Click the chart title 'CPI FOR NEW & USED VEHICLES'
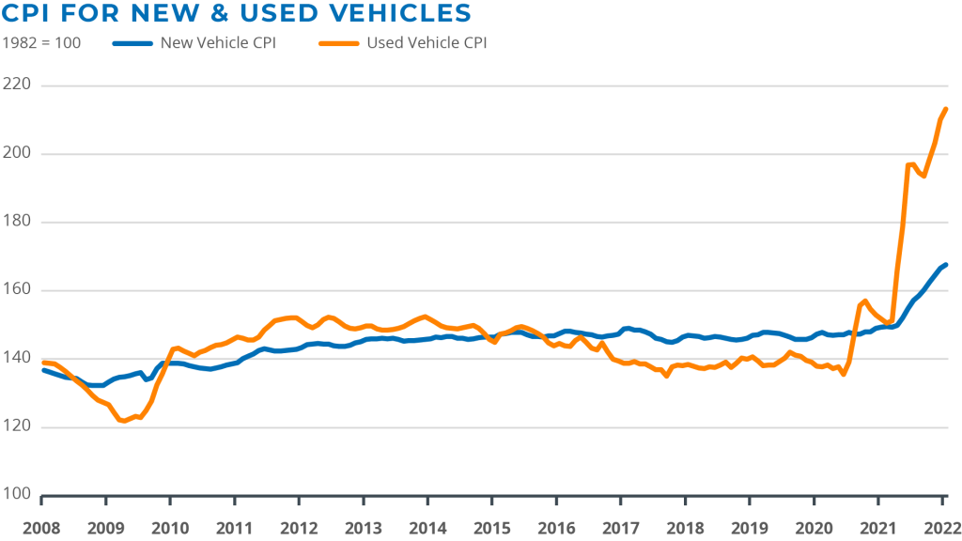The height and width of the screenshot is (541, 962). pyautogui.click(x=237, y=13)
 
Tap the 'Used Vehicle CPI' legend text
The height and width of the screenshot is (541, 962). pyautogui.click(x=427, y=42)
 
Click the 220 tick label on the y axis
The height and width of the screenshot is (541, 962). pyautogui.click(x=18, y=85)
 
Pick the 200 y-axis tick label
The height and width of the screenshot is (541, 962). pyautogui.click(x=18, y=153)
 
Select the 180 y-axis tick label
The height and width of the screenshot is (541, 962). pyautogui.click(x=18, y=222)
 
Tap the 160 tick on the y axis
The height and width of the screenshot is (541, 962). pyautogui.click(x=18, y=290)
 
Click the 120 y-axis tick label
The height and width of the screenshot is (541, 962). pyautogui.click(x=18, y=426)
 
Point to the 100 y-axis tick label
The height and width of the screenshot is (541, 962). pyautogui.click(x=18, y=494)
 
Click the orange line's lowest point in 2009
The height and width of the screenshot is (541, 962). pyautogui.click(x=123, y=422)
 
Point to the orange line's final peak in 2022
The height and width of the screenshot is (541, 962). pyautogui.click(x=946, y=109)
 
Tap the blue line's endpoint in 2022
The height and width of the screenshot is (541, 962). pyautogui.click(x=947, y=264)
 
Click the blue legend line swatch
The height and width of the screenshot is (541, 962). pyautogui.click(x=132, y=43)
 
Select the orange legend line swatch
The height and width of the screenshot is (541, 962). pyautogui.click(x=339, y=43)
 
